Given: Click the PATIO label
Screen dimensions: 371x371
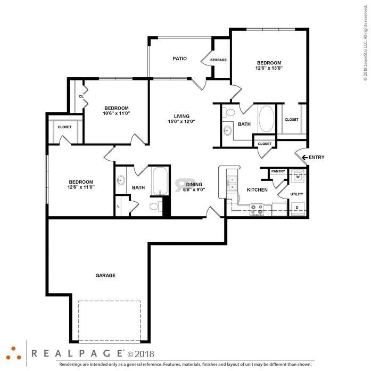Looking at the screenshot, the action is (x=179, y=59).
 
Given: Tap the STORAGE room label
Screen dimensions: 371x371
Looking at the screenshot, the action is (x=218, y=60).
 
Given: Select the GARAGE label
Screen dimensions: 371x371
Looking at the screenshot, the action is (x=105, y=275).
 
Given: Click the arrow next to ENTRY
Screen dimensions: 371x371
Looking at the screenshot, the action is (x=305, y=157).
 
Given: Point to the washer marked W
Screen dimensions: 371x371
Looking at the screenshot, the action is (x=298, y=176).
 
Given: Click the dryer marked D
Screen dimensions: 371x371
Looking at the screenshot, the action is (x=297, y=208).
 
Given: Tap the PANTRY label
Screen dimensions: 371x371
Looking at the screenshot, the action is (x=278, y=171).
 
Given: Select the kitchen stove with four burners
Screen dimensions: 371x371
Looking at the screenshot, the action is (x=257, y=209).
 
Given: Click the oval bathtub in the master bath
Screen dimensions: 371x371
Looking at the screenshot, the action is (x=267, y=119).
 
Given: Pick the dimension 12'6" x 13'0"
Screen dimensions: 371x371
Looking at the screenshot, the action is (x=269, y=68).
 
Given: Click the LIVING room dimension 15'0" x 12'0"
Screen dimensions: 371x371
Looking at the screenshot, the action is (x=182, y=121).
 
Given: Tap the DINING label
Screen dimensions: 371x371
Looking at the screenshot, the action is (x=194, y=184).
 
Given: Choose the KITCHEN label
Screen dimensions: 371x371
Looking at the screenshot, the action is (x=257, y=190).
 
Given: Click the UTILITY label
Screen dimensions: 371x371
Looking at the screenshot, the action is (x=296, y=194).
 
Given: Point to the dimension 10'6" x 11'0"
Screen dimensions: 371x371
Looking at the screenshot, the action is (x=117, y=113).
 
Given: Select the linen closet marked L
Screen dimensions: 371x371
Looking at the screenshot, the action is (x=118, y=206).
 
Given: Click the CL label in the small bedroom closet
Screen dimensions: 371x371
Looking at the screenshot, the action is (x=81, y=96).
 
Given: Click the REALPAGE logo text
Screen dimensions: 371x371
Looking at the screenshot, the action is (x=77, y=353).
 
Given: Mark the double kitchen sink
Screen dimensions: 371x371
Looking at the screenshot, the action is (x=232, y=183).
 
